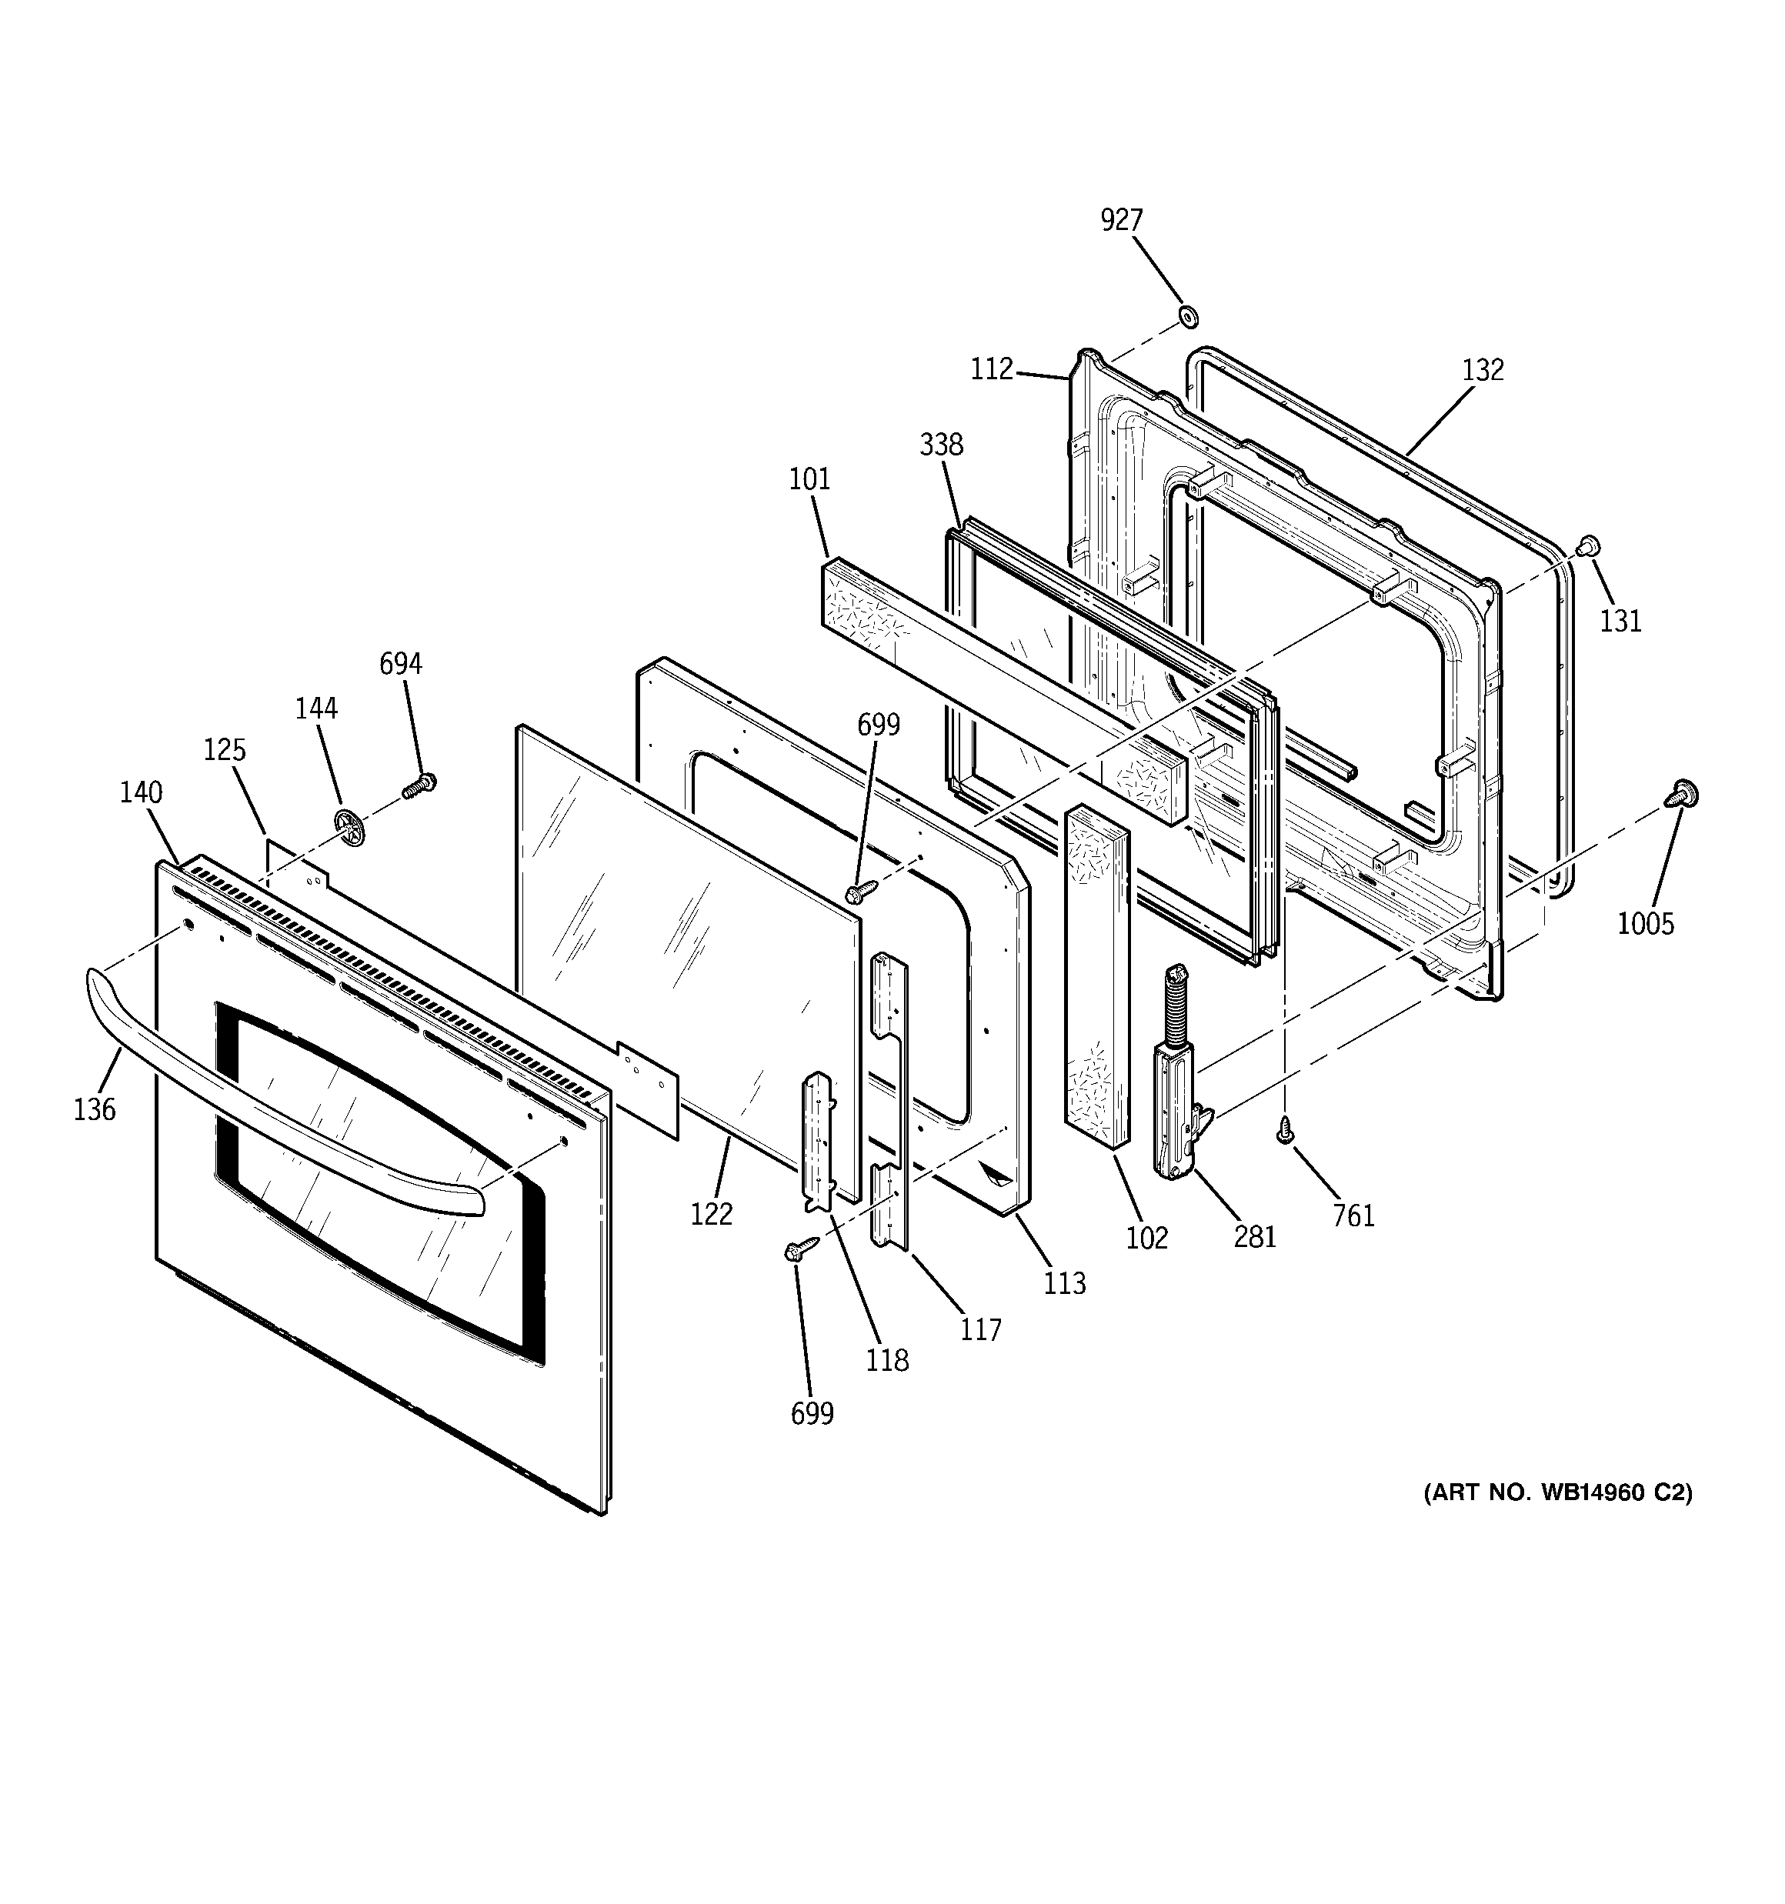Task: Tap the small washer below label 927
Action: (1188, 315)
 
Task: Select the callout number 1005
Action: (1645, 924)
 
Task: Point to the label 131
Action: (1620, 622)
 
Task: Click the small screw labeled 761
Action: (1286, 1133)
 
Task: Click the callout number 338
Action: (941, 445)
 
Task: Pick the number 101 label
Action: (809, 479)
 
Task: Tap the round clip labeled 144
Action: (351, 826)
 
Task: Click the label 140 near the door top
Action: (141, 793)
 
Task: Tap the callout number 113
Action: (1065, 1283)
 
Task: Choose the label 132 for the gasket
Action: (1482, 370)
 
